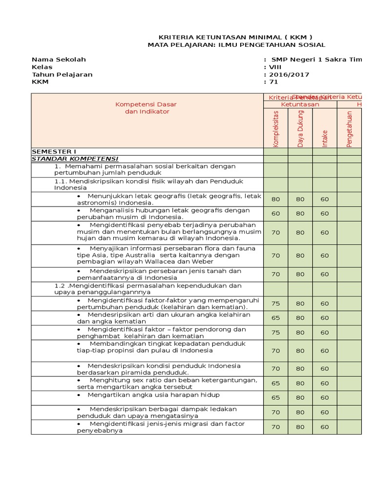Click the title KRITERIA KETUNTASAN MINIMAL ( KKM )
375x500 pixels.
[236, 37]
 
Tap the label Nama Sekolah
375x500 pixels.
[59, 60]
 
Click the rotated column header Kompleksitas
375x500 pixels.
[276, 128]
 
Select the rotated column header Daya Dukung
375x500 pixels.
[300, 128]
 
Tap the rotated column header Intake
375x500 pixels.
[325, 138]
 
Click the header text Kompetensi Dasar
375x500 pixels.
[146, 104]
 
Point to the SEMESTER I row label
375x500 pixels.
[54, 151]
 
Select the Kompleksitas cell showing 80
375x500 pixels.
[276, 199]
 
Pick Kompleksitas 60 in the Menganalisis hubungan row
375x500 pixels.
[276, 213]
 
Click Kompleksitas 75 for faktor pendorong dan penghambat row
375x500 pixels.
[276, 333]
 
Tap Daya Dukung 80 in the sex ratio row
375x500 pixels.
[300, 383]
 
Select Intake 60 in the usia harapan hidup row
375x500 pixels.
[325, 397]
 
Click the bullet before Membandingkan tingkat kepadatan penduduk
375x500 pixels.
[79, 344]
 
